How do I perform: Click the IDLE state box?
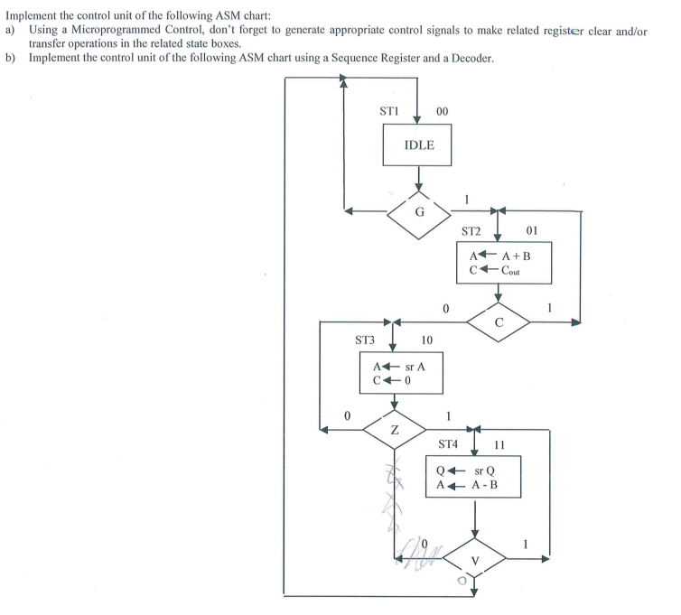tap(417, 144)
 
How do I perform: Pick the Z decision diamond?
tap(394, 431)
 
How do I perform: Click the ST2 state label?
tap(474, 231)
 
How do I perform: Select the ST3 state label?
tap(369, 340)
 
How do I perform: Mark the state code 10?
tap(427, 340)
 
